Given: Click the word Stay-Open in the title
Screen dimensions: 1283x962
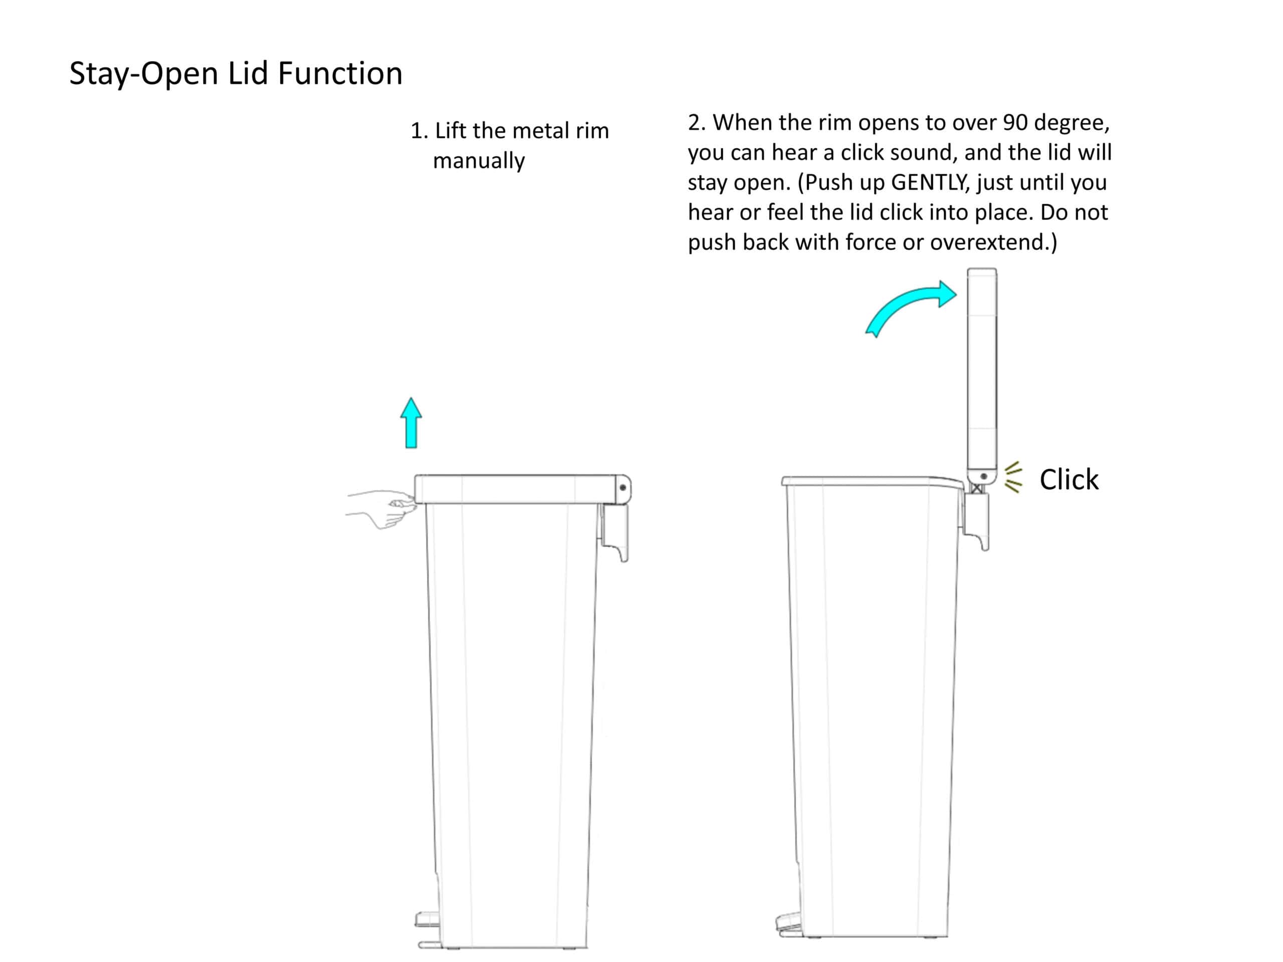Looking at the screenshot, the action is click(144, 74).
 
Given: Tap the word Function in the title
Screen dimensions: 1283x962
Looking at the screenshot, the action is click(340, 73).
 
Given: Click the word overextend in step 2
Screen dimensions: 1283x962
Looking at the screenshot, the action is click(988, 242).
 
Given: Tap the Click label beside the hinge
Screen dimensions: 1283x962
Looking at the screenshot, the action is click(1068, 479).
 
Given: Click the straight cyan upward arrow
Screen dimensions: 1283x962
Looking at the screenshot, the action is click(411, 423).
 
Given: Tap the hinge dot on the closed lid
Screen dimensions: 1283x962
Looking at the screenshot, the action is click(623, 488).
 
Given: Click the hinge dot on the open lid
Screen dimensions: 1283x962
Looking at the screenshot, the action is click(984, 476).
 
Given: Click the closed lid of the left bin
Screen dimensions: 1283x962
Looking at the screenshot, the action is click(522, 489).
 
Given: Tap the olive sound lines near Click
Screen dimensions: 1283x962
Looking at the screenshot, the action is click(1013, 478).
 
